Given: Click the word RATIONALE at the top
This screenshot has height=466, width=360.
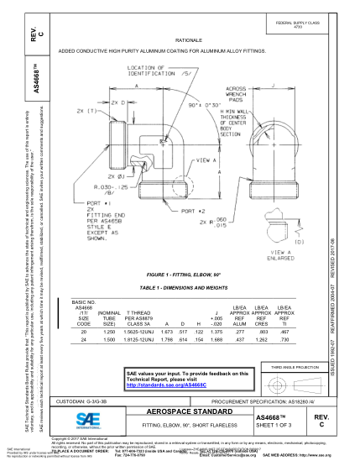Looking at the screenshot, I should (x=187, y=39).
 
